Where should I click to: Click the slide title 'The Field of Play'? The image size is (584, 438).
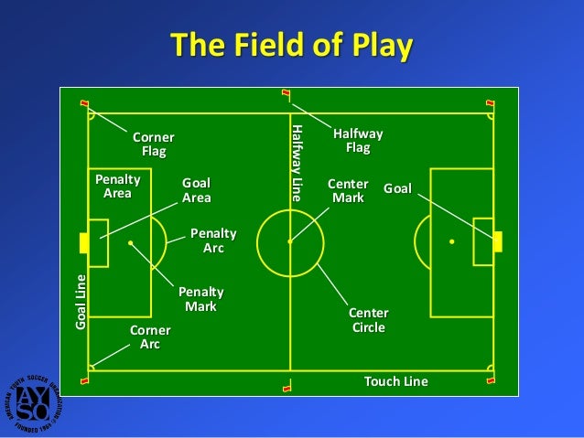291,45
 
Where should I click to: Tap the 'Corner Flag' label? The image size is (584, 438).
153,144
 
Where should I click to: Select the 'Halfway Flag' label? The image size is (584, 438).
357,140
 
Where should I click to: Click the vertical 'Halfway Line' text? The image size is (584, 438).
296,163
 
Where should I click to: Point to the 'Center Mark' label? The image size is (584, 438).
348,190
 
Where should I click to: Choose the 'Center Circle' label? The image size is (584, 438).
369,320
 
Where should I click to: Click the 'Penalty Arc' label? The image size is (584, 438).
213,240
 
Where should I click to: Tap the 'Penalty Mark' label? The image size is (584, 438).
201,299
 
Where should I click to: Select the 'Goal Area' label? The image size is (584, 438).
197,190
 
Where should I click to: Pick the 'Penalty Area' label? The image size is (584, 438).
117,186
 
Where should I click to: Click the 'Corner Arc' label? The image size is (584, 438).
150,337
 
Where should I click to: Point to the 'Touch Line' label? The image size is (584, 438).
396,381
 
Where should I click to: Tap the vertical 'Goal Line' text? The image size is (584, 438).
81,302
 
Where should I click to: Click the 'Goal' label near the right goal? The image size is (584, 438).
397,188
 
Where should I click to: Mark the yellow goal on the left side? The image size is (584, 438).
84,242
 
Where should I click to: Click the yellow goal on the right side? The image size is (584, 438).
498,241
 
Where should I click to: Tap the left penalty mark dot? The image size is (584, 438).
131,242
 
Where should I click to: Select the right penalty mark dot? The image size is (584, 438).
451,241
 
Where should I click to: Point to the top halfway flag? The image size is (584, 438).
286,93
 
